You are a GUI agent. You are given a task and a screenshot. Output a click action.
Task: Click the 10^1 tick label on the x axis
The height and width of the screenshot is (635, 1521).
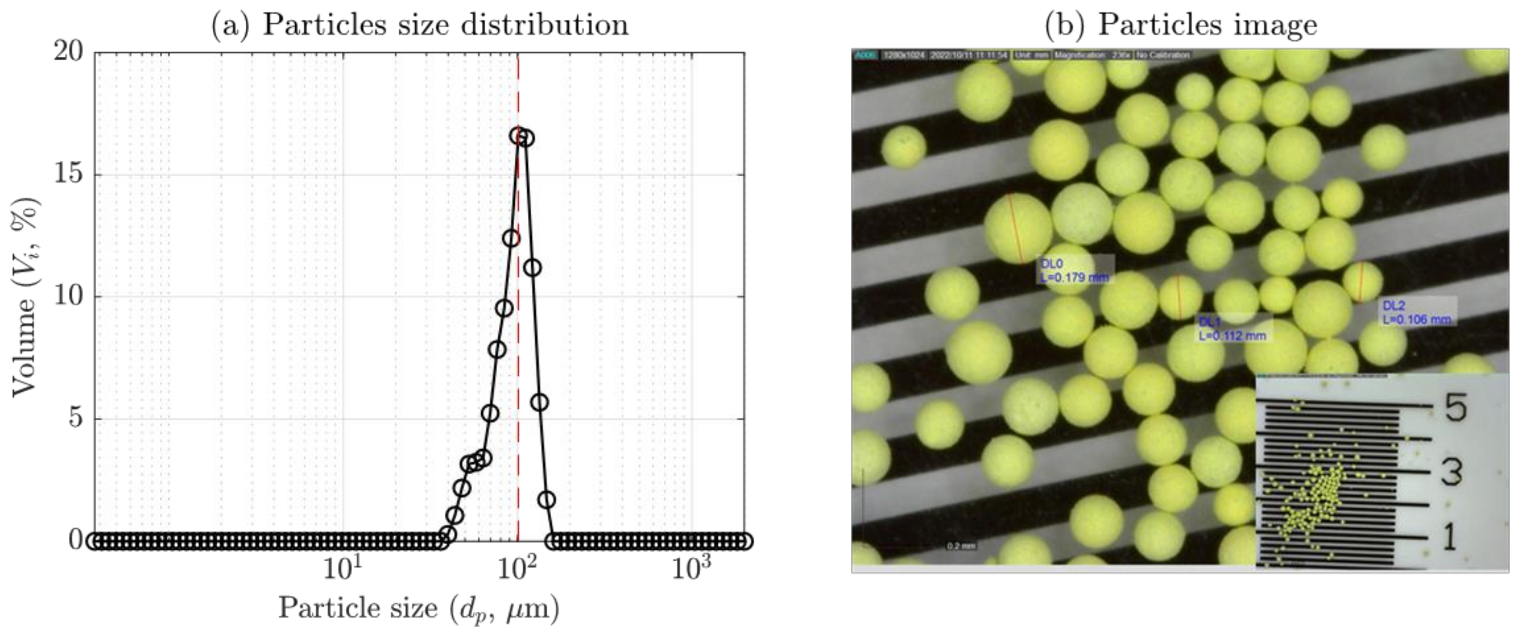[342, 568]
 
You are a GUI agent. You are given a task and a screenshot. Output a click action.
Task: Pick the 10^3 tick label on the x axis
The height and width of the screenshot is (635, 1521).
[691, 568]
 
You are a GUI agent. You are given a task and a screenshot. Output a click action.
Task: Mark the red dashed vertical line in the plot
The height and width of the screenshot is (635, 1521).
[518, 354]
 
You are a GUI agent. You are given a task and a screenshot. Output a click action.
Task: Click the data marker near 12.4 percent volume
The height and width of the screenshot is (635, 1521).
[511, 238]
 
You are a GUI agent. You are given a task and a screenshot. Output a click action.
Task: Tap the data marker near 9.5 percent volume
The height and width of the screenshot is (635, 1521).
[504, 308]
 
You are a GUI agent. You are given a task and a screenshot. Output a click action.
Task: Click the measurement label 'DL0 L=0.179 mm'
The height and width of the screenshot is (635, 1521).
[1075, 270]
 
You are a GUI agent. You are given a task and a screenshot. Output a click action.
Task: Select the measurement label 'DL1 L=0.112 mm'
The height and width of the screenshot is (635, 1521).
[1232, 329]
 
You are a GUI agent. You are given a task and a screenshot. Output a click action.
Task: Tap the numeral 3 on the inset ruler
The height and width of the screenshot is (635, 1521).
[1452, 472]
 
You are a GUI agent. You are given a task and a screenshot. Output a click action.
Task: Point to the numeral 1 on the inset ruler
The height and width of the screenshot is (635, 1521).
[1450, 537]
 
